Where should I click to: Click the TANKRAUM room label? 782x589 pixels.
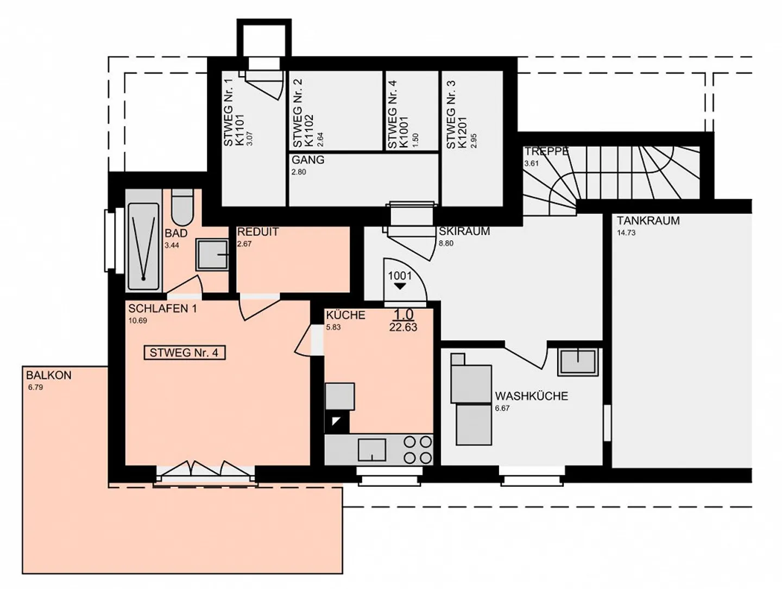[x=648, y=221]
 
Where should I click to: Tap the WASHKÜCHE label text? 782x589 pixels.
[x=531, y=396]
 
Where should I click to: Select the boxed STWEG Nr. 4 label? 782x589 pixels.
[x=184, y=353]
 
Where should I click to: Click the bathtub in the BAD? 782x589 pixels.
[x=143, y=246]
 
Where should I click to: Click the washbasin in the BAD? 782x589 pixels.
[x=212, y=254]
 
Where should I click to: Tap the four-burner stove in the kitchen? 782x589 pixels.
[x=418, y=450]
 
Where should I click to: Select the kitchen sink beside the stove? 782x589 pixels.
[x=371, y=450]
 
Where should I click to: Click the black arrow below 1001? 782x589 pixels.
[x=400, y=286]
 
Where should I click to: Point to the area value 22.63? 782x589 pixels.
[x=403, y=327]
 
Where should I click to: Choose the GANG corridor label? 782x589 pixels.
[x=308, y=160]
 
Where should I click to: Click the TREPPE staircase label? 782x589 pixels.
[x=546, y=151]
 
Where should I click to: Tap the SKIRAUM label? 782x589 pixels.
[x=464, y=231]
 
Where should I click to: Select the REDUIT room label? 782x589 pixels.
[x=258, y=232]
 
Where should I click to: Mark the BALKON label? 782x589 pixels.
[x=49, y=375]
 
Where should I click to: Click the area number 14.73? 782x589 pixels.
[x=626, y=233]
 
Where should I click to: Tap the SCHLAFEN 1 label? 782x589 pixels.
[x=162, y=309]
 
